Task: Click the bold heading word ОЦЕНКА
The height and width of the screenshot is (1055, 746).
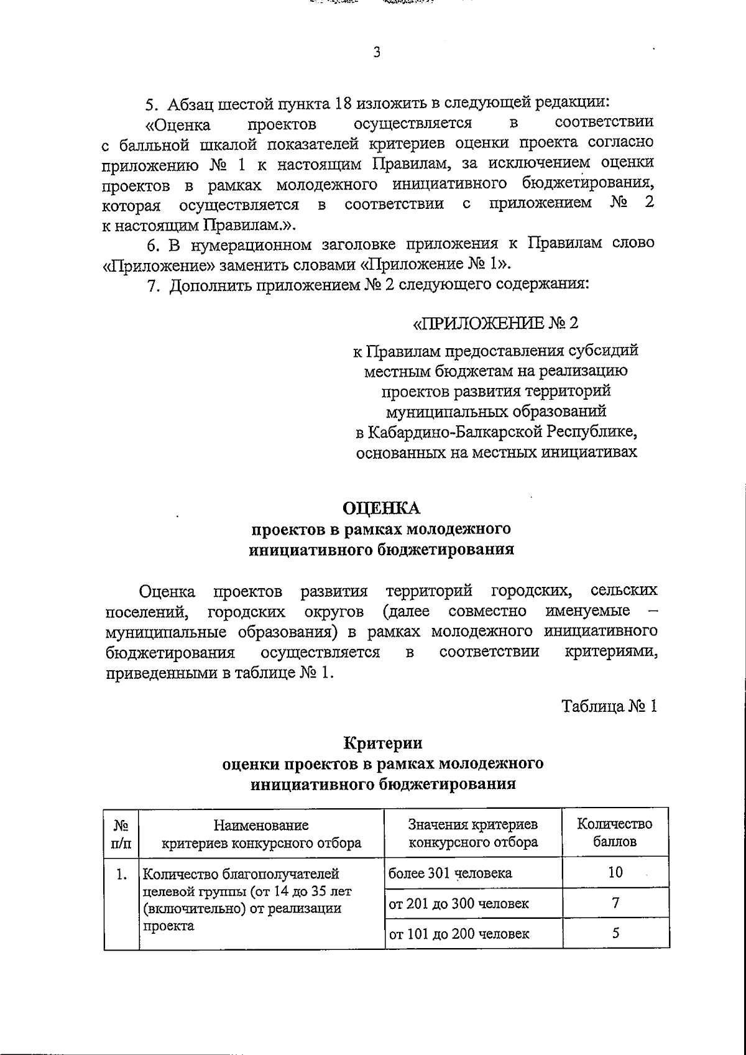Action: (x=383, y=508)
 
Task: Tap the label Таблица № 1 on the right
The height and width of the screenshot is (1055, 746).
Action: (x=609, y=706)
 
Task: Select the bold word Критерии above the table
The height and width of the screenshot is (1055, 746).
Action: (x=383, y=743)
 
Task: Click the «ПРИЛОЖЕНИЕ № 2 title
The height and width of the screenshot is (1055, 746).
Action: (x=495, y=323)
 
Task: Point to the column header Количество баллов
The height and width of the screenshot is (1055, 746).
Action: (x=615, y=833)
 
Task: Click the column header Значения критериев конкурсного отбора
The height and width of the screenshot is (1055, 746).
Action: (x=472, y=833)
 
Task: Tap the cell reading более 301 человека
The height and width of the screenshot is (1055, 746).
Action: (x=450, y=873)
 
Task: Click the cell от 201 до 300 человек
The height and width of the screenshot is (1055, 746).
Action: (x=459, y=903)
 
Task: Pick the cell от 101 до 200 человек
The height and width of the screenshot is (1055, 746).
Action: (x=459, y=934)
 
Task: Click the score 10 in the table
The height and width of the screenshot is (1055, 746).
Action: (x=615, y=872)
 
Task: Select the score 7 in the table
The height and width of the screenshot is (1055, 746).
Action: (x=615, y=903)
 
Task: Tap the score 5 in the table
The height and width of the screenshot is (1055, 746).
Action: (x=615, y=933)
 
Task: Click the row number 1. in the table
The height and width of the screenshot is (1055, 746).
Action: (x=121, y=875)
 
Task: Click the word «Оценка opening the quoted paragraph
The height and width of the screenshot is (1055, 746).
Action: (x=177, y=124)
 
